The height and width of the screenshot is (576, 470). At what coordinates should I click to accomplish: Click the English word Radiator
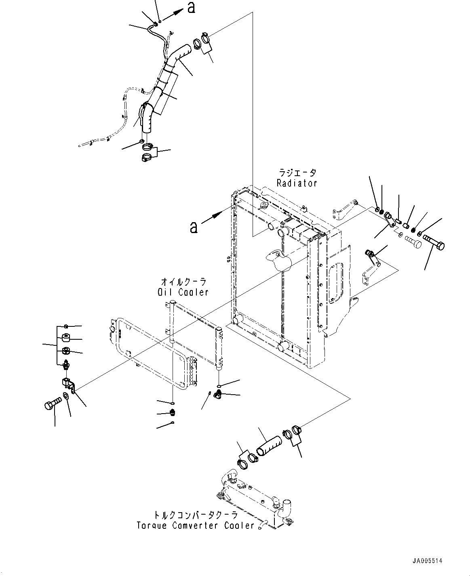297,183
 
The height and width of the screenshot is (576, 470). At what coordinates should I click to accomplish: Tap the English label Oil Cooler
183,292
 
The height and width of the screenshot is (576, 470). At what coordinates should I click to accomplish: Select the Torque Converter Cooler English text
195,526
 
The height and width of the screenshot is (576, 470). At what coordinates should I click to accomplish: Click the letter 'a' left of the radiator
194,227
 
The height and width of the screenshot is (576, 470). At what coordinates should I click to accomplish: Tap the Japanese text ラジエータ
297,173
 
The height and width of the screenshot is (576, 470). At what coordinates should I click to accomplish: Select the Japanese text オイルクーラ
183,281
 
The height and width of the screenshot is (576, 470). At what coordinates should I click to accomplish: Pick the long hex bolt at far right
434,244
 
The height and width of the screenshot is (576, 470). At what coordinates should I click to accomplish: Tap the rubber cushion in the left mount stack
65,338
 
